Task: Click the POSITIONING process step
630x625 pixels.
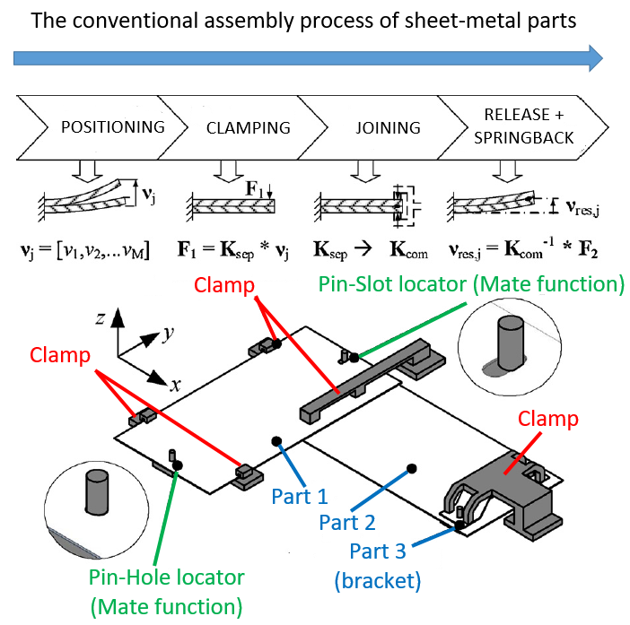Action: (x=112, y=126)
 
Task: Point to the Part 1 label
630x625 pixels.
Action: (x=299, y=495)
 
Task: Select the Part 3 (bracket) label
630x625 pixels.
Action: (x=377, y=567)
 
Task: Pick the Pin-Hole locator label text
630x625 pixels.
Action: (x=166, y=578)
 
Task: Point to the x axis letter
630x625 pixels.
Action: (x=176, y=385)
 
